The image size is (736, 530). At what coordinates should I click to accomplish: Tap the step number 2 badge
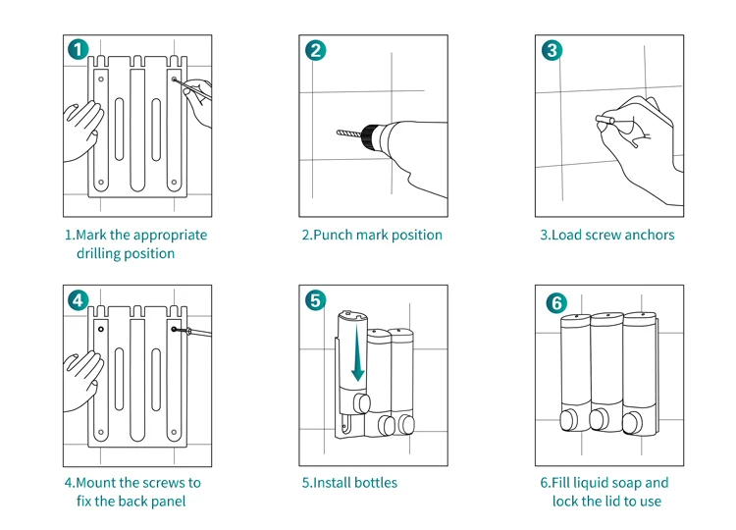[316, 50]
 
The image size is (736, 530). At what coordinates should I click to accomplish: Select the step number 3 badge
[552, 50]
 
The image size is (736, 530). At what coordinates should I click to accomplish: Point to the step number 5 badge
[316, 300]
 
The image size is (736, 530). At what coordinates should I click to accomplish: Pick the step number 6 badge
[555, 303]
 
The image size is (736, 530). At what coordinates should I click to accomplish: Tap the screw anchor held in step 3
[605, 122]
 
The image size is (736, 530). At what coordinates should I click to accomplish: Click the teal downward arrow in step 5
[358, 359]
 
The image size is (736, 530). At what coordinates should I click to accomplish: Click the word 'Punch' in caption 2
[333, 236]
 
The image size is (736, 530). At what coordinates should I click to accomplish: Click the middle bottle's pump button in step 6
[599, 420]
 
